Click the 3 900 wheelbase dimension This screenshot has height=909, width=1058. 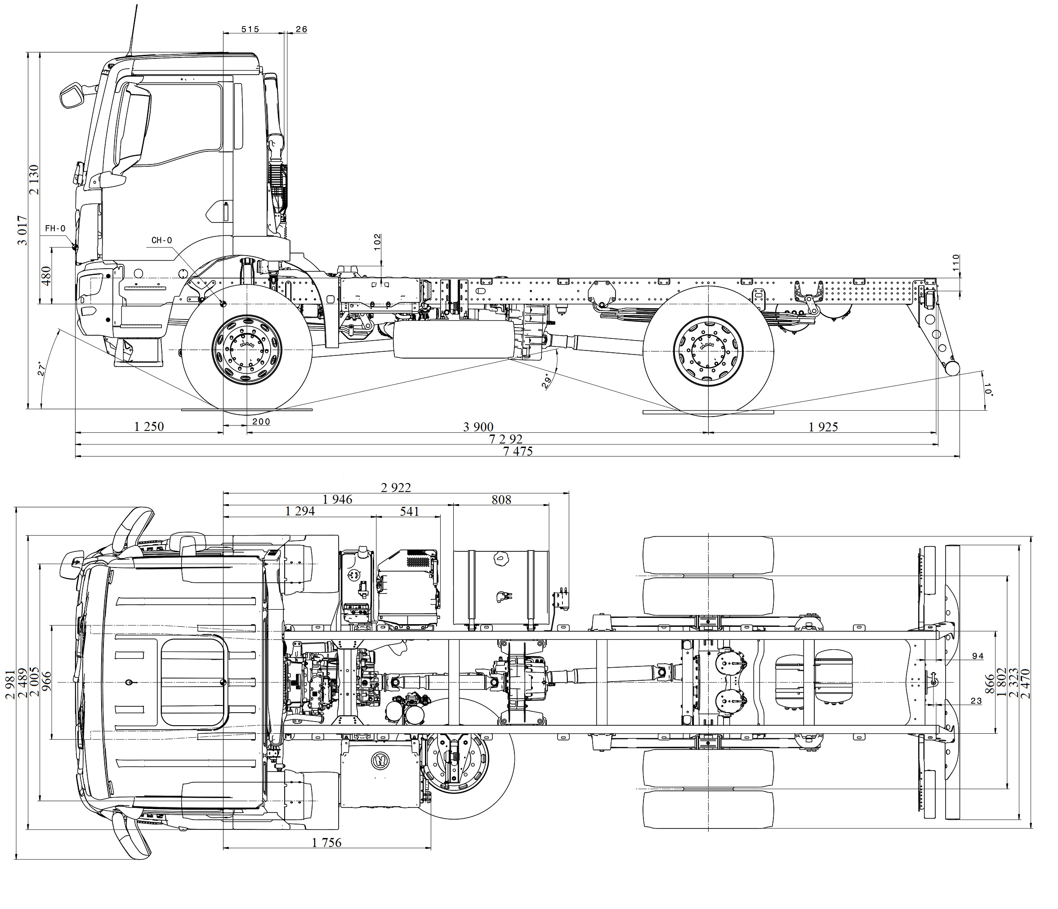coord(478,427)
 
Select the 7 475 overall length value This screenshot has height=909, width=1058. coord(518,451)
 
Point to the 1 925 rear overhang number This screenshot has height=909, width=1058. coord(823,427)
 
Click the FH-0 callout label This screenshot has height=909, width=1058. coord(55,229)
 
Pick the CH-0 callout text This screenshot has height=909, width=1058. coord(162,240)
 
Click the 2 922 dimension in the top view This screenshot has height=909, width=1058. coord(396,488)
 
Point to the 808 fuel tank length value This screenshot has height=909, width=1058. coord(501,500)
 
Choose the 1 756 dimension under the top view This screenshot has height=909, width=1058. coord(327,842)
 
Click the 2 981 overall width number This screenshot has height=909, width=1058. coord(9,684)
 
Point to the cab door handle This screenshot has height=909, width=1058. coord(225,211)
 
